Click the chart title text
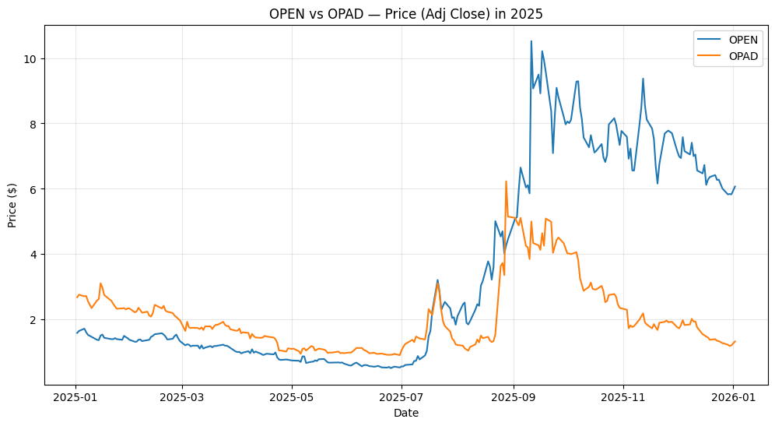(x=405, y=14)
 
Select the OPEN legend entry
(x=743, y=39)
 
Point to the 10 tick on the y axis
(x=32, y=58)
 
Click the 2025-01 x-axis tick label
(x=76, y=397)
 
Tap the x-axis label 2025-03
(x=182, y=397)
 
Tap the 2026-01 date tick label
(x=733, y=397)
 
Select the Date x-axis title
(x=405, y=413)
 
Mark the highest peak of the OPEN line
(x=531, y=41)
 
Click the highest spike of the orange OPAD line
(x=506, y=181)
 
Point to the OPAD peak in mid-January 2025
(x=100, y=283)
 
